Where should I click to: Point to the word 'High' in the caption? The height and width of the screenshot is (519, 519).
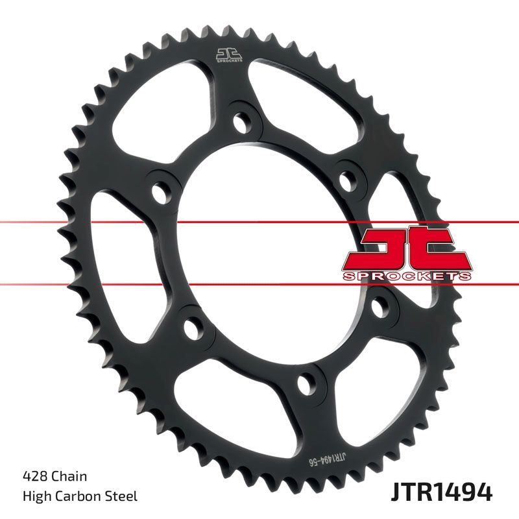point(35,498)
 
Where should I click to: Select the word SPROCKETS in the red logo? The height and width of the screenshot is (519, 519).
point(407,276)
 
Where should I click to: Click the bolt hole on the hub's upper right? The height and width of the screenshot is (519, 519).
point(351,176)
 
